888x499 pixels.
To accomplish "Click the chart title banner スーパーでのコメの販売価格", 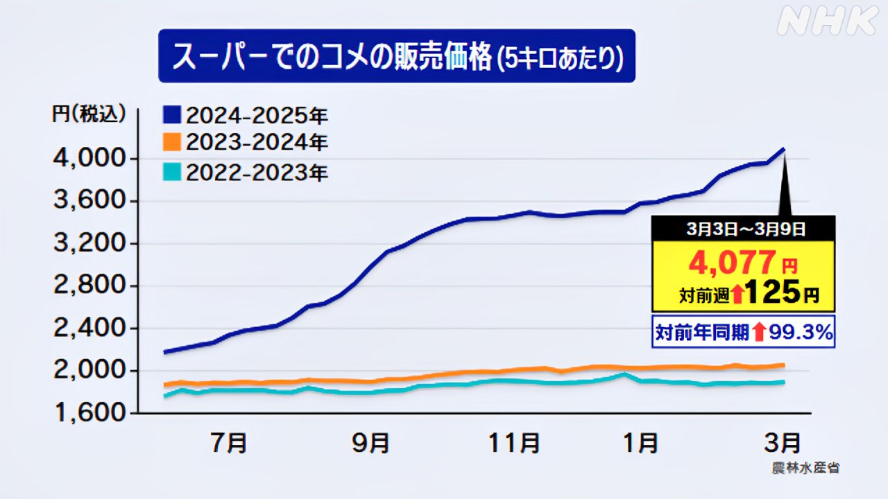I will (396, 56).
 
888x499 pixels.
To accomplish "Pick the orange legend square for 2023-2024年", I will (171, 143).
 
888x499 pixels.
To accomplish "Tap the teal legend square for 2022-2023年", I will (171, 171).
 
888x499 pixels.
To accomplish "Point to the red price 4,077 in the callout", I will (731, 263).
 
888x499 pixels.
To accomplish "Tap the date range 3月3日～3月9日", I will (742, 227).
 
